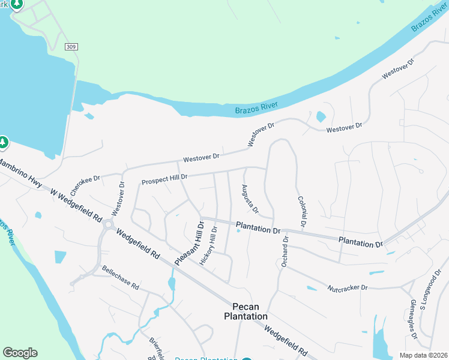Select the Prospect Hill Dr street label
tap(164, 179)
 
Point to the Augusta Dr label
tap(250, 199)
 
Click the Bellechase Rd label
tap(120, 277)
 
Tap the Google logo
tap(20, 353)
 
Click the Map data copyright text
tap(424, 355)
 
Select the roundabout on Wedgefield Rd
tap(108, 224)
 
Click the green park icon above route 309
tap(17, 4)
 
